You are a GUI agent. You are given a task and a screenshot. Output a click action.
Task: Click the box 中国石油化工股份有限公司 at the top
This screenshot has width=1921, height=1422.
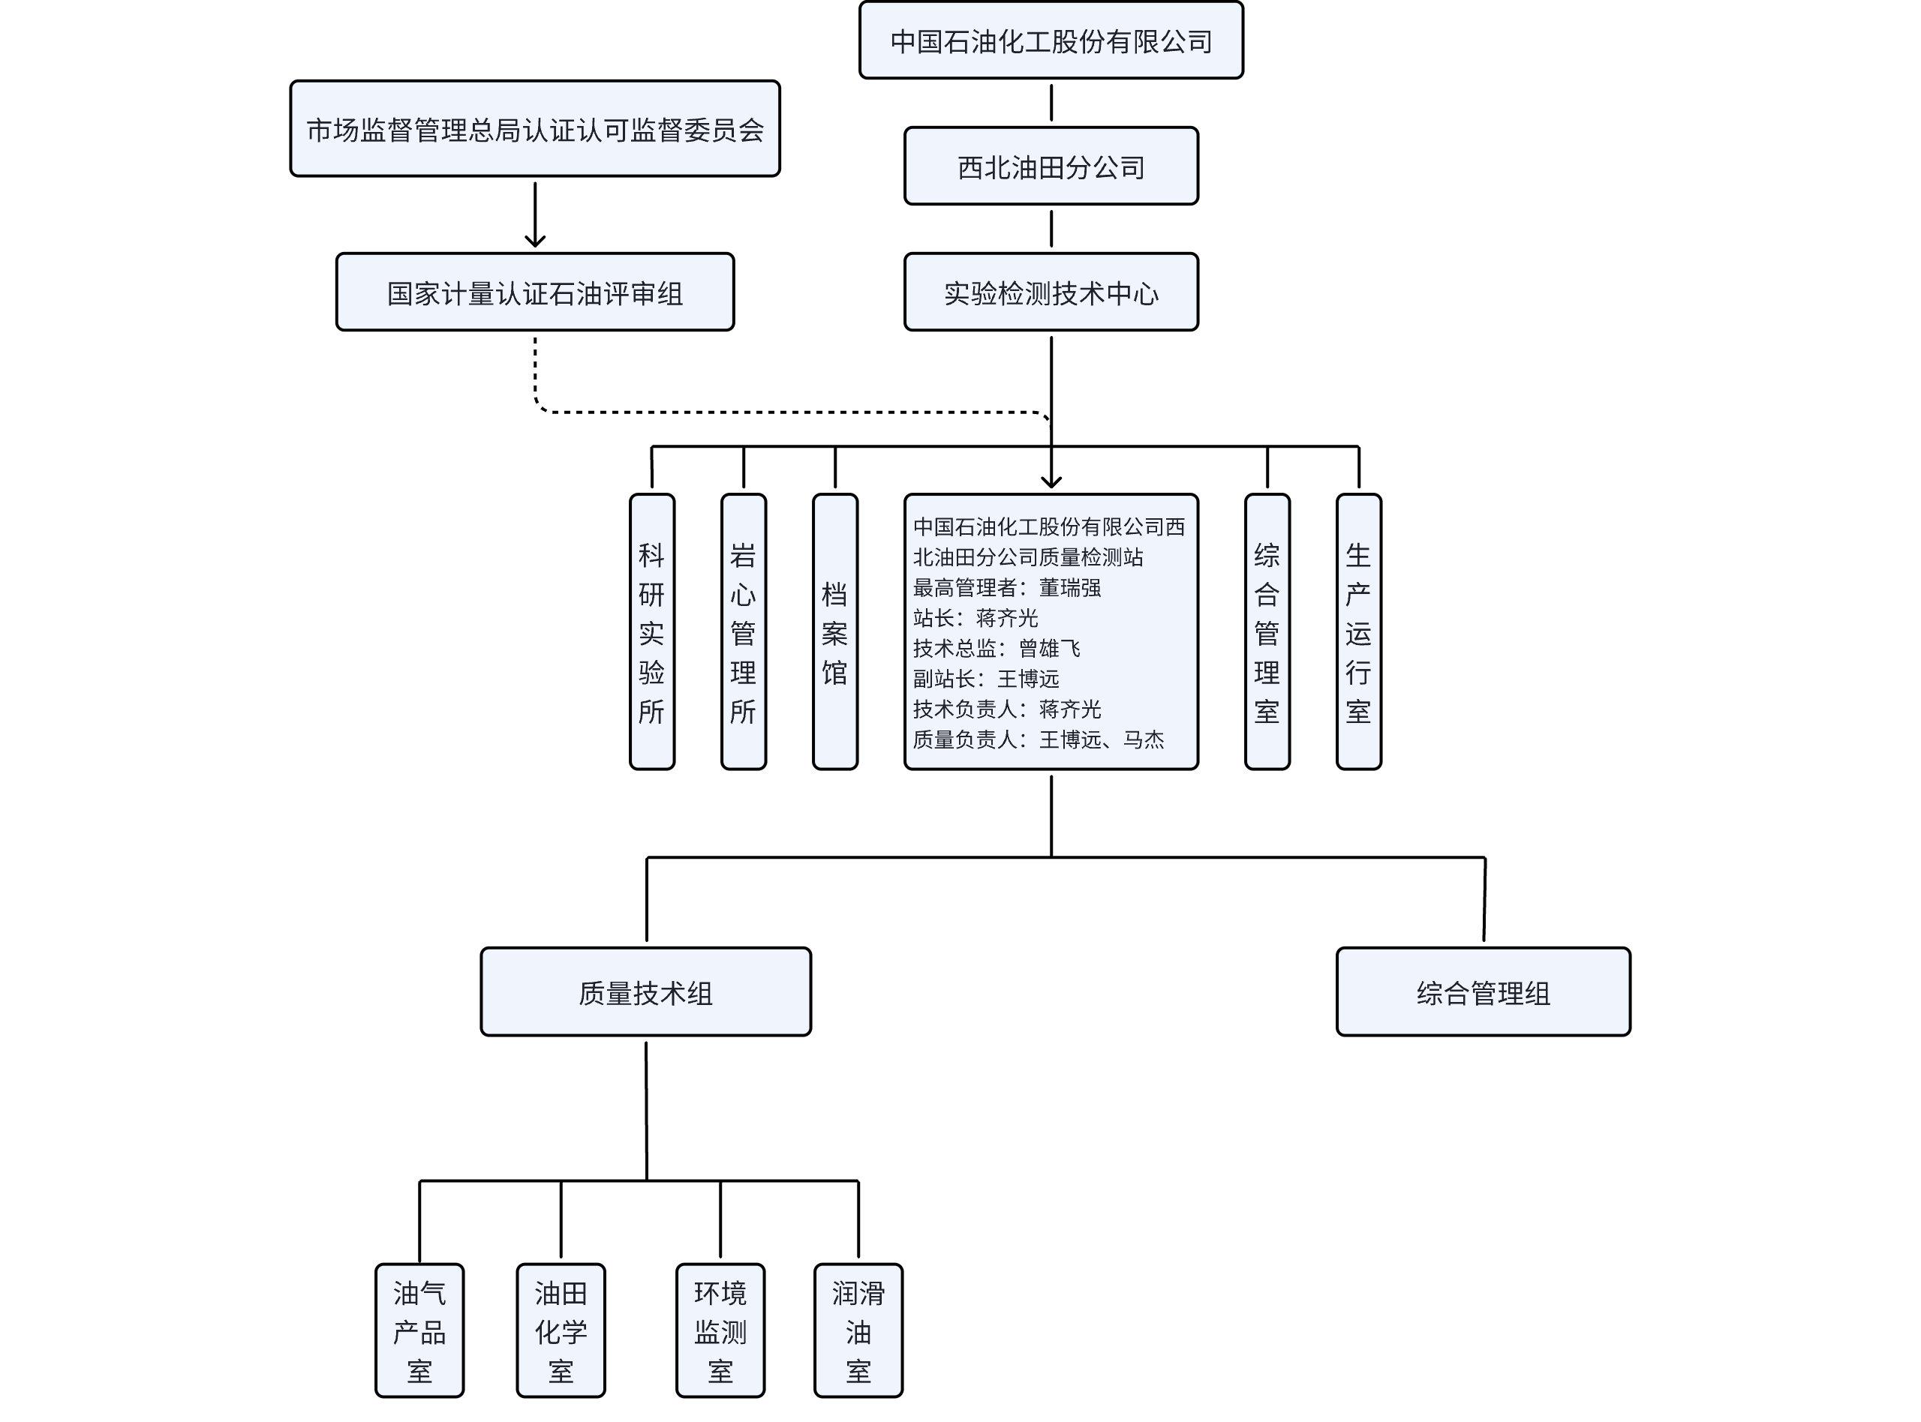pos(1051,40)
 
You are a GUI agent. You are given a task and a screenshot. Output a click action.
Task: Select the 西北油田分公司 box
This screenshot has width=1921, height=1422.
pos(1051,166)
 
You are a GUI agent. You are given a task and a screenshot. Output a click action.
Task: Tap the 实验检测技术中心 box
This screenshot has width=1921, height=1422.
pos(1051,292)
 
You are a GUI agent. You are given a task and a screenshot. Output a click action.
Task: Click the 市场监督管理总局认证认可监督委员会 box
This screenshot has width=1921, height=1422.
pos(535,129)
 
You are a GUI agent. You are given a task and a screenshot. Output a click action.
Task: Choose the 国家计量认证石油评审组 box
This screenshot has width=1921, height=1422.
pos(535,292)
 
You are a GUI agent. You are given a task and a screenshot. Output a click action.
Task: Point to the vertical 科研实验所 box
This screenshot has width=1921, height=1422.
pos(652,631)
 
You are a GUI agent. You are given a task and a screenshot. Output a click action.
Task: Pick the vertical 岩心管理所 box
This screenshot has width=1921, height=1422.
pos(743,631)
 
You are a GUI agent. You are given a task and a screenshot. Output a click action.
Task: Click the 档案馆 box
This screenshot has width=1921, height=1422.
pos(835,631)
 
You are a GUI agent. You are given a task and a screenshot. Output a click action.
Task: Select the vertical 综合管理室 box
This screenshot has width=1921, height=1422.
pos(1267,631)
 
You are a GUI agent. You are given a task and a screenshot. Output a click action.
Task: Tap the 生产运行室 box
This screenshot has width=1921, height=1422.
pos(1359,631)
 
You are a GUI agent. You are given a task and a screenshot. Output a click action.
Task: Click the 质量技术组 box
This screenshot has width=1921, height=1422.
pos(646,991)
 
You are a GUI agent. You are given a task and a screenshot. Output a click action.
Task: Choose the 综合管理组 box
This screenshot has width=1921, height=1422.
pos(1484,991)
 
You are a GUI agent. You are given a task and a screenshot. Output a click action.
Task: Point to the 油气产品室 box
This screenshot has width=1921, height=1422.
pos(419,1330)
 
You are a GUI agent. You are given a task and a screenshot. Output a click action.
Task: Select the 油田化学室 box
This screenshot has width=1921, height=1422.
pos(561,1330)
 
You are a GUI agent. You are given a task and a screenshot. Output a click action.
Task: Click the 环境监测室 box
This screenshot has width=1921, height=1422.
pos(720,1330)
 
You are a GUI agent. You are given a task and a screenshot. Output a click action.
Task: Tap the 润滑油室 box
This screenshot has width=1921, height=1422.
pos(858,1330)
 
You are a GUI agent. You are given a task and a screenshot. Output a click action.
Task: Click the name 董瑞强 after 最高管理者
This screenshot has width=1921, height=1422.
pos(1070,588)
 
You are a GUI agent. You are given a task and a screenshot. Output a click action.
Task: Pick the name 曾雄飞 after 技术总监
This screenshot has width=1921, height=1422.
pos(1050,648)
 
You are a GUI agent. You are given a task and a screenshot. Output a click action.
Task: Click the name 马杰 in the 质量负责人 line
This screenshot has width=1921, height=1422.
pos(1144,739)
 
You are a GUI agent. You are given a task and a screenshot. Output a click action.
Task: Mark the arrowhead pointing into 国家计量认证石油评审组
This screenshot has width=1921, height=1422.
pos(535,240)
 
